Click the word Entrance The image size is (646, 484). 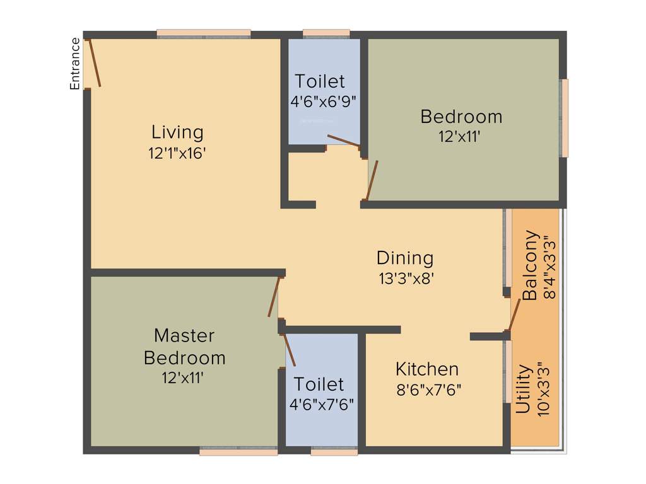[75, 64]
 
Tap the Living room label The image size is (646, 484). [177, 132]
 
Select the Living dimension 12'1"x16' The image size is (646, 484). [177, 154]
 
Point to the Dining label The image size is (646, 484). [405, 258]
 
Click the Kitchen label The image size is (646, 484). [427, 369]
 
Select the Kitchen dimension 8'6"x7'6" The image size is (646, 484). [429, 389]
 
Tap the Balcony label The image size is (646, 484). [532, 265]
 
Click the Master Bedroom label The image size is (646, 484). [185, 346]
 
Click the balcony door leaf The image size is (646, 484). [514, 314]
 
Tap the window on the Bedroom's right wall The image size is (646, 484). [565, 118]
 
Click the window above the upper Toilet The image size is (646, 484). [326, 33]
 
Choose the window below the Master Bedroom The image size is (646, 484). [238, 451]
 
